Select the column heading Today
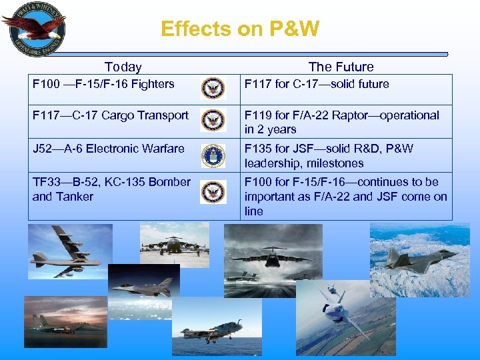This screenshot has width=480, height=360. [x=123, y=67]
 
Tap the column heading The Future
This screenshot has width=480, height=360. [x=341, y=67]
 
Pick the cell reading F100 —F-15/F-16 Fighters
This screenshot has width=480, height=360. [x=103, y=84]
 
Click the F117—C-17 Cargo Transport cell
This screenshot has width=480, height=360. [x=111, y=115]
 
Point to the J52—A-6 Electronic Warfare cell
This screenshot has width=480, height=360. [x=109, y=149]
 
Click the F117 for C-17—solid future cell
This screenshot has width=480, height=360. [x=317, y=84]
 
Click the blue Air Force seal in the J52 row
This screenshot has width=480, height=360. [x=213, y=155]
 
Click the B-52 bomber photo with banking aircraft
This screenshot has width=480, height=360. [x=61, y=251]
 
